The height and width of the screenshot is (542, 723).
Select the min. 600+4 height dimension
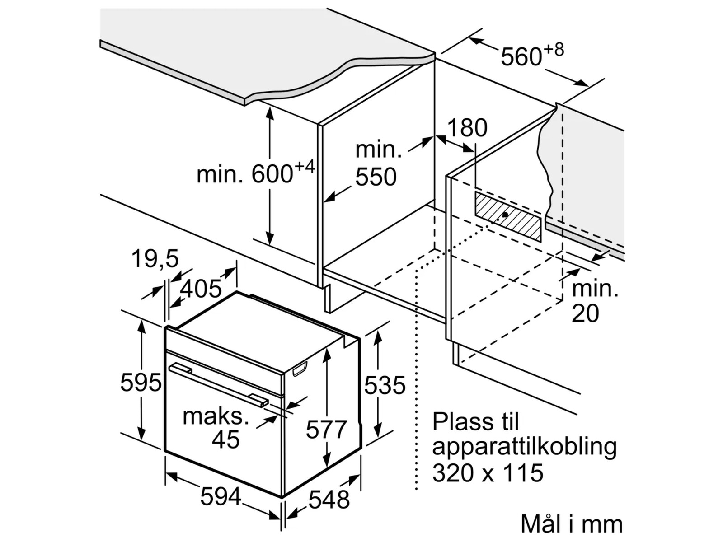(x=255, y=173)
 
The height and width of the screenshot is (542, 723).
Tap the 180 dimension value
(x=467, y=128)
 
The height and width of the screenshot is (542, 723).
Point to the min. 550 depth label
(x=378, y=164)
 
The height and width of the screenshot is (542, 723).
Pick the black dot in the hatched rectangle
(x=504, y=215)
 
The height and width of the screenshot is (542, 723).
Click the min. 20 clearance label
(x=595, y=301)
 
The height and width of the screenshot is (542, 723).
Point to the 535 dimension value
(x=385, y=385)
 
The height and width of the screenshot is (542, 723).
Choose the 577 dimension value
(x=326, y=430)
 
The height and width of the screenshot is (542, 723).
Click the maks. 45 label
(x=216, y=427)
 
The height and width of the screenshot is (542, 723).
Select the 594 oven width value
(x=221, y=498)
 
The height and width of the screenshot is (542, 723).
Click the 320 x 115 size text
(x=488, y=473)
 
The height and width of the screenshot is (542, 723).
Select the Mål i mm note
(x=571, y=524)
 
